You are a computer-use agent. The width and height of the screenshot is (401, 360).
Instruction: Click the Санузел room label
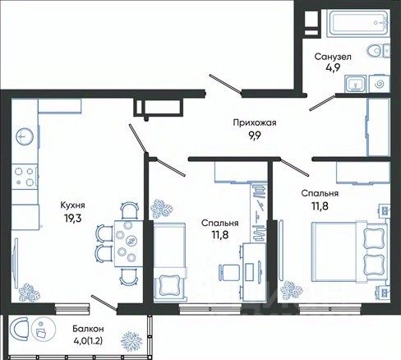333,57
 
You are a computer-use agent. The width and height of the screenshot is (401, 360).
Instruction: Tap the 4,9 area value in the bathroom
333,67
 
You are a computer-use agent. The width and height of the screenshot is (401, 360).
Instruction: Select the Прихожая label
255,122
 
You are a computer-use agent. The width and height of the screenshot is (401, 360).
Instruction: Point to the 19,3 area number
73,218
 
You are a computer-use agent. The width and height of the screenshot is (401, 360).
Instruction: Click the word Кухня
72,205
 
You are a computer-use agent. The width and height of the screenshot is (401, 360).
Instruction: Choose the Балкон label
88,329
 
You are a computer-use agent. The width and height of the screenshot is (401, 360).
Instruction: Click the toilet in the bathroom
378,51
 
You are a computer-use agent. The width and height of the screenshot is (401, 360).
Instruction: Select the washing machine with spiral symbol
380,83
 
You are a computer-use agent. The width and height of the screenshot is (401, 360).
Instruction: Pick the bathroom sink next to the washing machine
355,83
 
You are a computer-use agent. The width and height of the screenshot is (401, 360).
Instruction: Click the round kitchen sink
25,136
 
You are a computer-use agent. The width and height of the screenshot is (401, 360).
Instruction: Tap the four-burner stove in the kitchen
25,176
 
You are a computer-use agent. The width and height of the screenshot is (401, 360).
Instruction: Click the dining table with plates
128,243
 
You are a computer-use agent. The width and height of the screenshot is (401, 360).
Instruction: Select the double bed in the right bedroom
349,252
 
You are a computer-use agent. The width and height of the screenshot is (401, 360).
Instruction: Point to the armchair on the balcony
19,329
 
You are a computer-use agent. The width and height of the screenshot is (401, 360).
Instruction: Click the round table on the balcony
44,329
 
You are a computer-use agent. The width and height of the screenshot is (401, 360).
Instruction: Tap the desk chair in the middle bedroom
228,271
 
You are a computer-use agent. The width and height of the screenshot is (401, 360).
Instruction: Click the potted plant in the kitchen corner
29,293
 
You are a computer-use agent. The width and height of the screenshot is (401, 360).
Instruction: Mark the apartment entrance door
225,84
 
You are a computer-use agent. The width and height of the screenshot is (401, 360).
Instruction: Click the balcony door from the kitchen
104,302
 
